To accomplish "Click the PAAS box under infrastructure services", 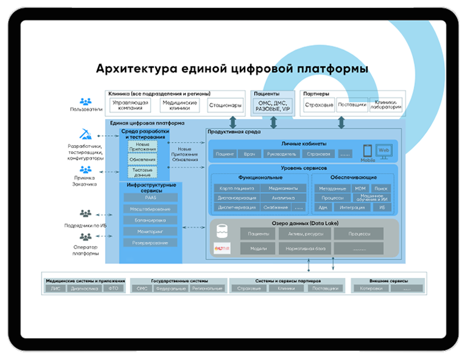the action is (150, 198).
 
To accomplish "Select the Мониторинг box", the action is (150, 231).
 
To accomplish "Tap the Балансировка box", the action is (150, 220).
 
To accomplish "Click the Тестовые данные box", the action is (142, 172).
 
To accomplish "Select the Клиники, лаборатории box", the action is (386, 105).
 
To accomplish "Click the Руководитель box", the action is (280, 154).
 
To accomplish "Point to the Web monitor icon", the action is (383, 150).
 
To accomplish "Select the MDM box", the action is (360, 189).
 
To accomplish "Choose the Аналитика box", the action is (282, 198).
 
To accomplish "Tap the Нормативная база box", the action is (304, 248).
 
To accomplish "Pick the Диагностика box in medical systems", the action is (85, 288).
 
